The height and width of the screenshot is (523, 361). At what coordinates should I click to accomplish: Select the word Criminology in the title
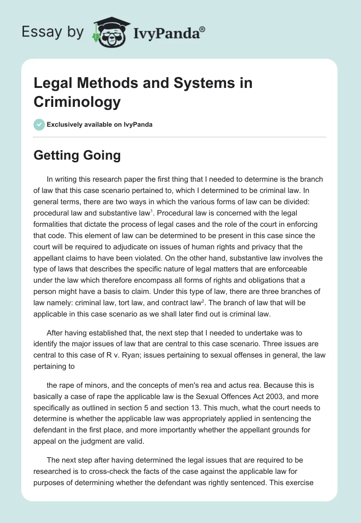click(x=77, y=102)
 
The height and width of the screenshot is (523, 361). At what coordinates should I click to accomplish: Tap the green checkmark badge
click(x=39, y=124)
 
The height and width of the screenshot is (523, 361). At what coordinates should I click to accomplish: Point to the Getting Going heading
click(x=77, y=156)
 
